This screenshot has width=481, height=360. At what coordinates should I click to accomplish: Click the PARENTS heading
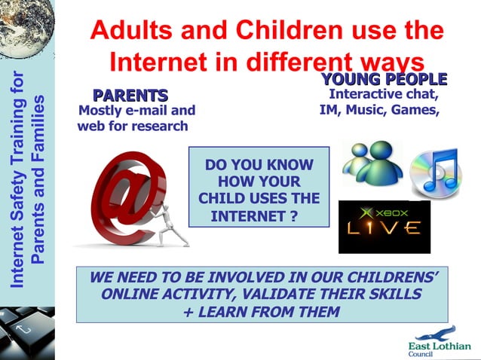[130, 96]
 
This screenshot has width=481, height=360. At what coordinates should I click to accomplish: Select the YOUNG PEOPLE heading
[384, 79]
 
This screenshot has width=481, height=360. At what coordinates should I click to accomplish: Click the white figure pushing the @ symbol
[172, 222]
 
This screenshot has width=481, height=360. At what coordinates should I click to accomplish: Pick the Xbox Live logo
[384, 226]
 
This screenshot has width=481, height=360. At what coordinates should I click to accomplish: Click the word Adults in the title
[133, 31]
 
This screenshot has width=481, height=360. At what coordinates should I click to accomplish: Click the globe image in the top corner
[26, 27]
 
